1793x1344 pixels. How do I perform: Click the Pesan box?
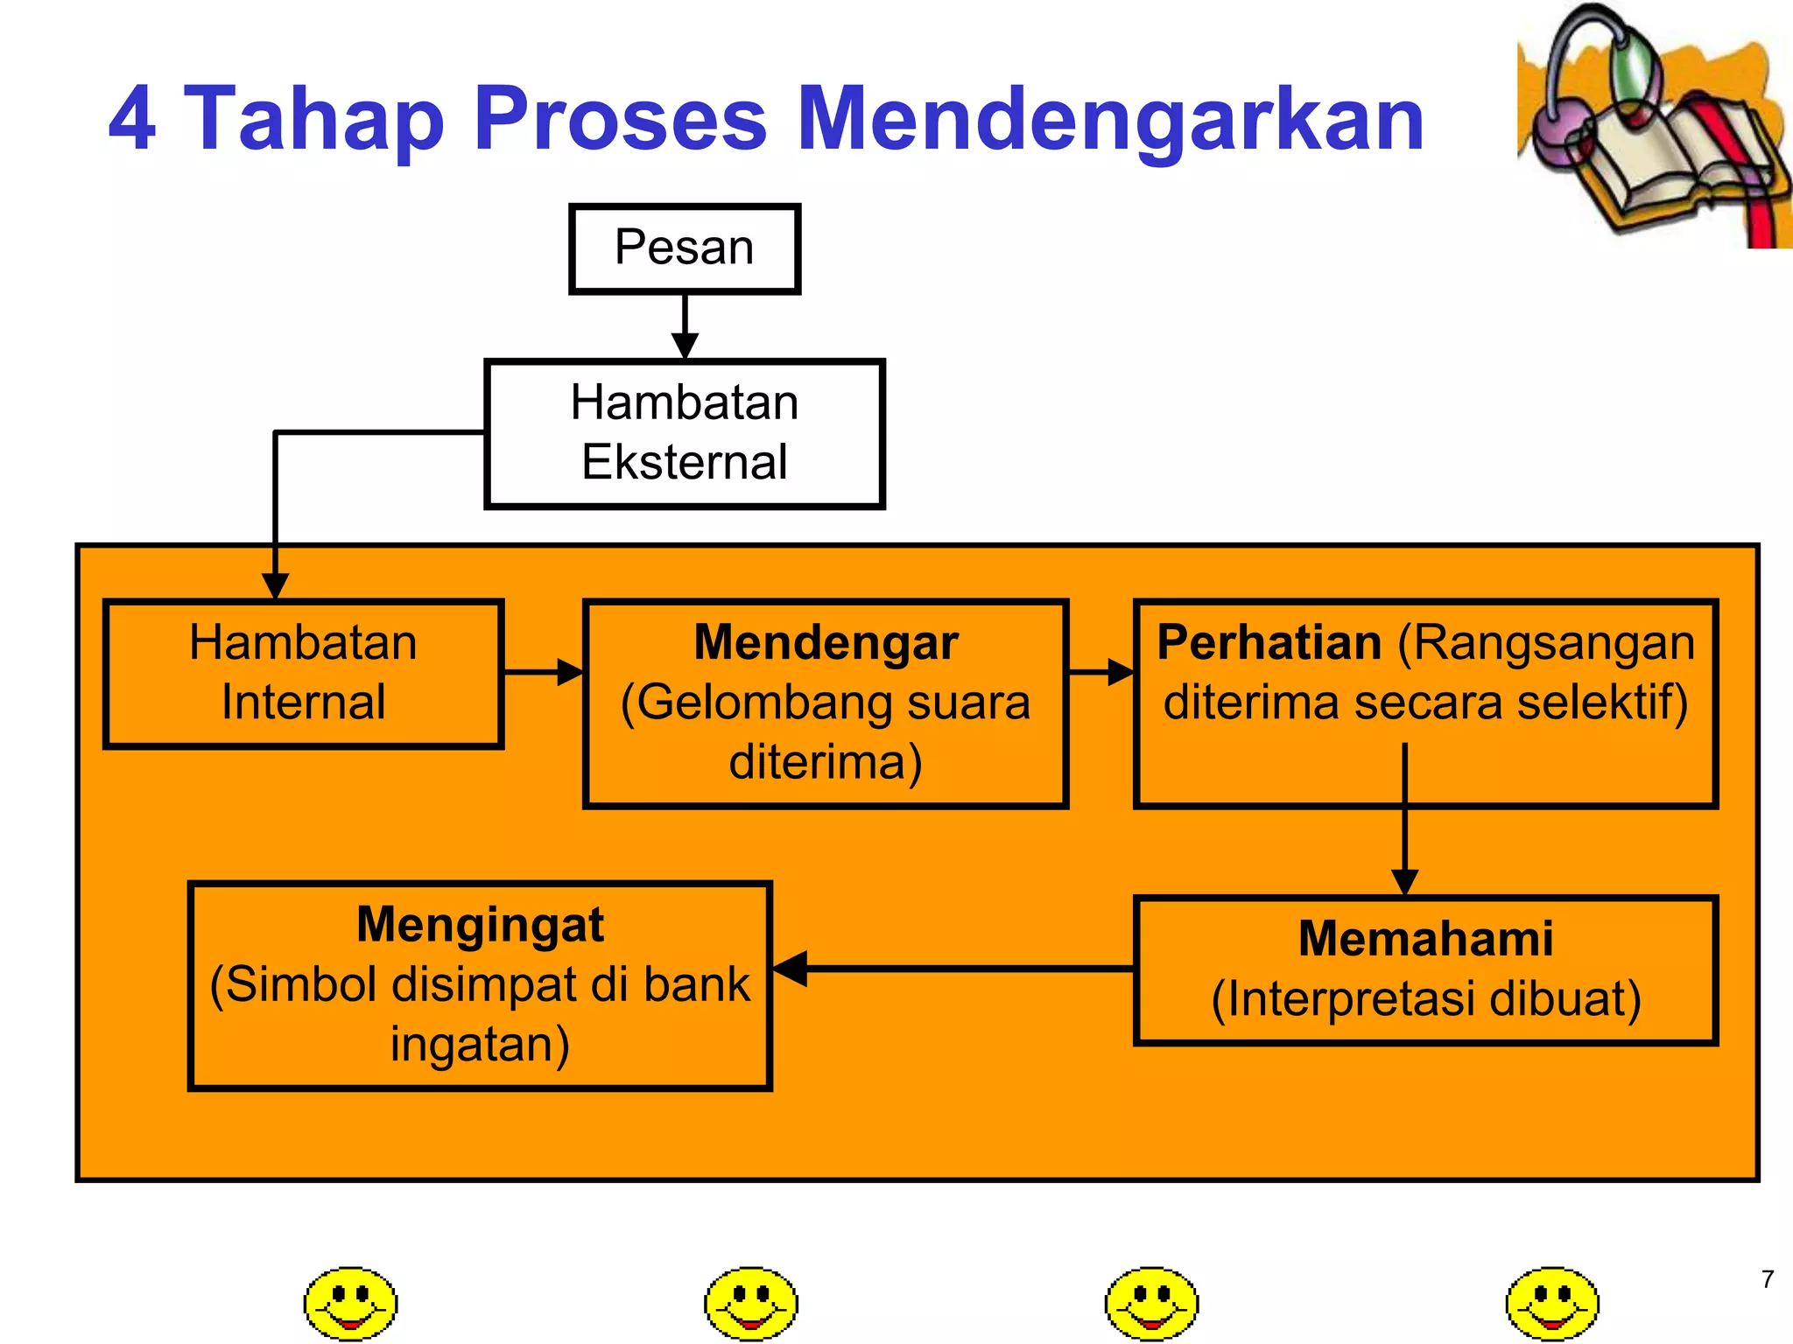click(684, 248)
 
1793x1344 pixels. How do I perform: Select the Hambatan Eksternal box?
click(684, 433)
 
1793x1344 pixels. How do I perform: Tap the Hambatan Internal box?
click(303, 673)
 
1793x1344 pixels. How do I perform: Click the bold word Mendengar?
click(826, 642)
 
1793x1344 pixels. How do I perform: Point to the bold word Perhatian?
click(1269, 642)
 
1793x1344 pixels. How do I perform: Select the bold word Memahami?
click(1425, 939)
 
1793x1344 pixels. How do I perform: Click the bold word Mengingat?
click(480, 925)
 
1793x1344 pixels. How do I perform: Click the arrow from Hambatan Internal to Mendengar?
click(543, 672)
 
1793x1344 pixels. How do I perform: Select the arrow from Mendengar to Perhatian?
click(1100, 672)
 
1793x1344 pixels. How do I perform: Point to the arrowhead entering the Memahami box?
click(1404, 882)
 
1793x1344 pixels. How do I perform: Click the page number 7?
click(1767, 1279)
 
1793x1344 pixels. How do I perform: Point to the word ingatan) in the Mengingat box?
click(480, 1044)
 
